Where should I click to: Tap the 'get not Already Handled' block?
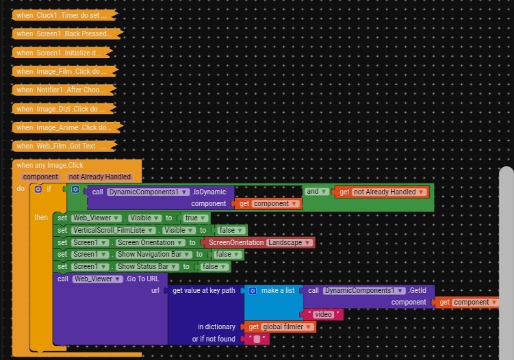(x=383, y=192)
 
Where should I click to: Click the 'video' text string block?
(x=323, y=314)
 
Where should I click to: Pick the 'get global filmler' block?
(x=281, y=326)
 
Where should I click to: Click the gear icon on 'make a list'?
(x=252, y=290)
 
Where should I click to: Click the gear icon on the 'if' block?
(x=38, y=189)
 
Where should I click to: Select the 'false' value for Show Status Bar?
(x=213, y=266)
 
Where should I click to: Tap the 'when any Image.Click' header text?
(x=49, y=165)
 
